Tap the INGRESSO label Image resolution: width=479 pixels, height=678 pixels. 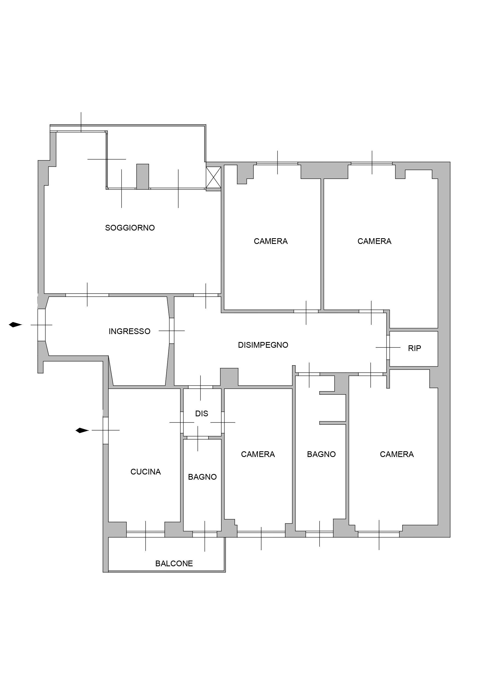pos(130,331)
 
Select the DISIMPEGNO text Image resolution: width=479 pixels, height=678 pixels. pos(263,345)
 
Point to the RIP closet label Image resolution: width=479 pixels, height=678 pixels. pos(414,349)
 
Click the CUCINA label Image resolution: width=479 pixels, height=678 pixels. pos(145,472)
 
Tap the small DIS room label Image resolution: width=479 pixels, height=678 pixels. pos(202,414)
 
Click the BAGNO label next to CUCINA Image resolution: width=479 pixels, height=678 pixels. pos(202,477)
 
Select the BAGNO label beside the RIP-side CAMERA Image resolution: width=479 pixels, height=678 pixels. pos(322,454)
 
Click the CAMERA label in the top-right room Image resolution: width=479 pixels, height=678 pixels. pos(374,241)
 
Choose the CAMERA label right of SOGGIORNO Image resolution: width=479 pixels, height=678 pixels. pos(271,241)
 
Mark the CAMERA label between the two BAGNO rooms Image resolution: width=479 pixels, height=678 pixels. pos(258,454)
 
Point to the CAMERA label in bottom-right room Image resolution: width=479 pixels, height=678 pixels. pos(397,454)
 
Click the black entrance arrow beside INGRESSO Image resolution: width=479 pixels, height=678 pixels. pos(15,325)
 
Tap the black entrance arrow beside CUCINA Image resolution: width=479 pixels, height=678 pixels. pos(82,431)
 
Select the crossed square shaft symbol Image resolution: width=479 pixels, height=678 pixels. pos(213,178)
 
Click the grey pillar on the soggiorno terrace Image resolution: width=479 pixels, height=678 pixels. pos(142,176)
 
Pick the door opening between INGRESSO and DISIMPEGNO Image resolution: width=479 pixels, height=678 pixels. pos(172,331)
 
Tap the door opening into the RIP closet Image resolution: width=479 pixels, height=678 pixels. pos(388,347)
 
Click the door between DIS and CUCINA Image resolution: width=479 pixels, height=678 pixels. pos(182,422)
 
